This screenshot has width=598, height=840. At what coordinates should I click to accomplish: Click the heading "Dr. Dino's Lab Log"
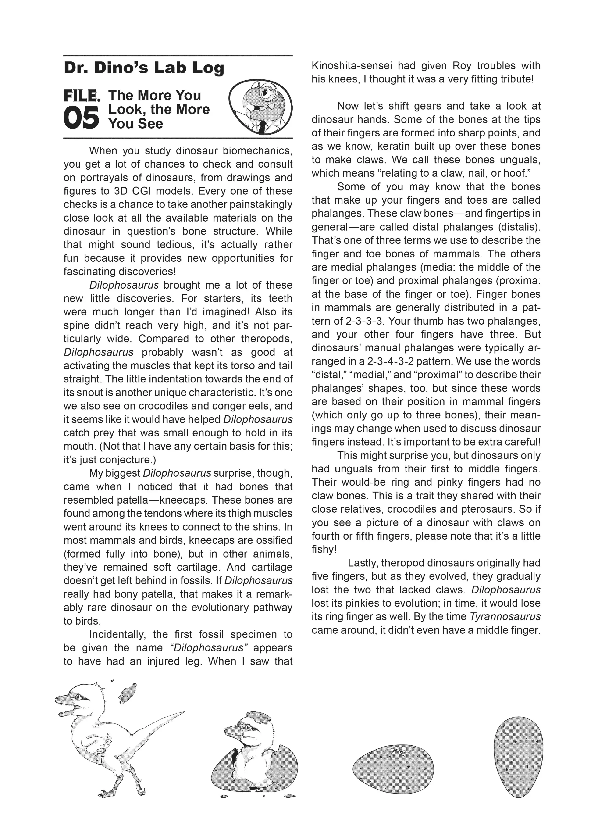click(x=144, y=68)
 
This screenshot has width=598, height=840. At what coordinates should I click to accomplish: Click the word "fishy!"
click(x=324, y=549)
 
